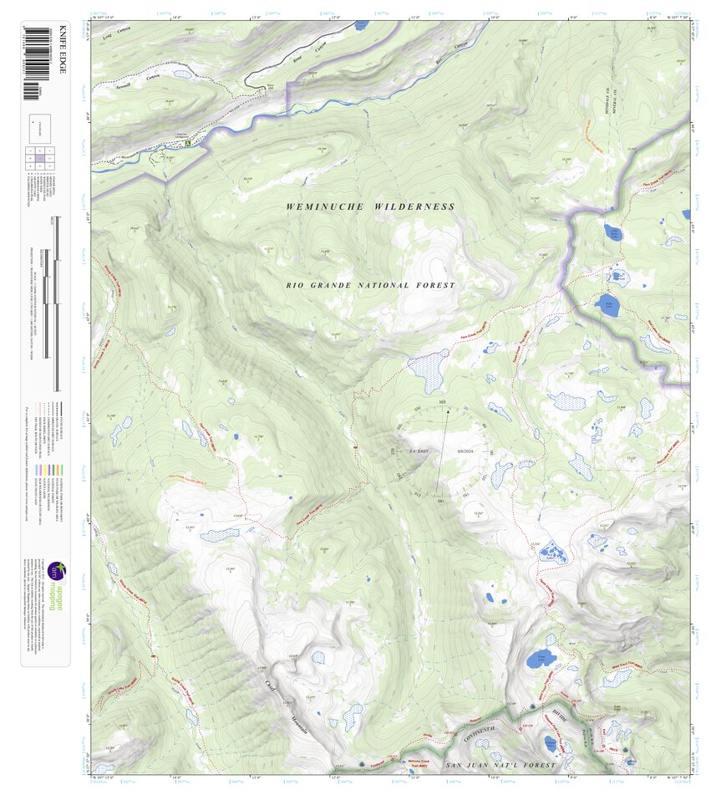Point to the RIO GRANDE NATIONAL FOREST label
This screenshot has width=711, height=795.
click(371, 285)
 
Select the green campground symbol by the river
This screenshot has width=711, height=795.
click(188, 143)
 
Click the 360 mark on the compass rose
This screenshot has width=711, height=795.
click(442, 403)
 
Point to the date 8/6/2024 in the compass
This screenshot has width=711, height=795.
click(465, 451)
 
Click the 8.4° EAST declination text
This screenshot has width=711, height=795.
click(419, 451)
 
